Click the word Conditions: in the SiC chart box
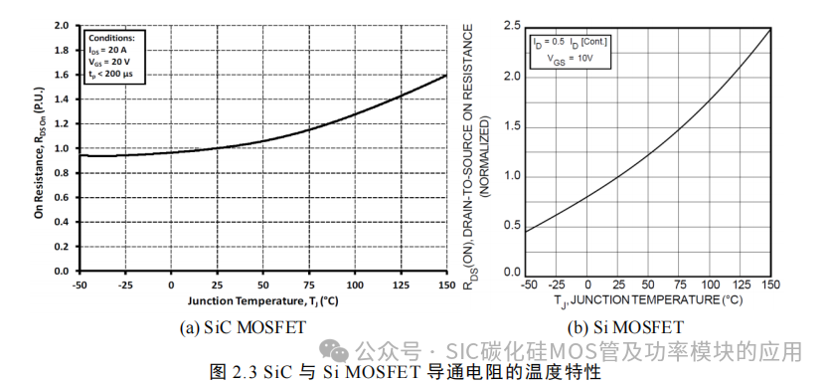pyautogui.click(x=112, y=38)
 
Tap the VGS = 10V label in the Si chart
pyautogui.click(x=570, y=59)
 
